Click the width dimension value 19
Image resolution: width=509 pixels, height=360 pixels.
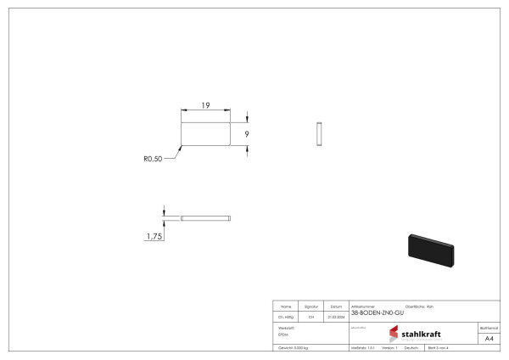[x=206, y=105]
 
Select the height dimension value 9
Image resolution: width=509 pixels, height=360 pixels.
[x=246, y=133]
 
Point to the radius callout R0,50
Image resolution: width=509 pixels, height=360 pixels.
[x=153, y=158]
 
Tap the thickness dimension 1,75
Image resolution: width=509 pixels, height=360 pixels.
[x=154, y=237]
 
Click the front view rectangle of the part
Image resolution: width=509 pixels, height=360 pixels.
[x=206, y=133]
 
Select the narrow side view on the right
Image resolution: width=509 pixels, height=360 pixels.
[x=318, y=133]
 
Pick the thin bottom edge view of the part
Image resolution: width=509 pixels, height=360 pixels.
[x=206, y=219]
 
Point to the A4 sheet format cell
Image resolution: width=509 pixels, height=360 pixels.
[x=489, y=339]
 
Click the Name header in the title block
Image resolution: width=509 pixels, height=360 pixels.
[x=286, y=306]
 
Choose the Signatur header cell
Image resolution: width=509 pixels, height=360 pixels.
[x=310, y=306]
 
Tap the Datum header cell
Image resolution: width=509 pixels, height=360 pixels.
[x=336, y=306]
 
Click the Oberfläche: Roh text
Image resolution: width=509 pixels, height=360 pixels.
[x=419, y=306]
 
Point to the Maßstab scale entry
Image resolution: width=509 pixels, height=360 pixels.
[x=362, y=348]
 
